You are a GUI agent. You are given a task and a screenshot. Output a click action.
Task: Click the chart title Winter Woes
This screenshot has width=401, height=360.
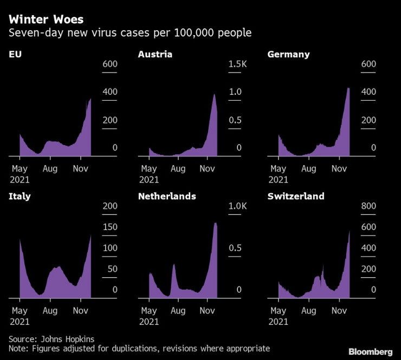coord(46,19)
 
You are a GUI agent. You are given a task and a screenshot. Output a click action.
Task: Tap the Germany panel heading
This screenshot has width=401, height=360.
coord(288,54)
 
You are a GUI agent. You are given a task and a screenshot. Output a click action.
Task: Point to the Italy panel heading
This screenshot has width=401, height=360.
coord(20,196)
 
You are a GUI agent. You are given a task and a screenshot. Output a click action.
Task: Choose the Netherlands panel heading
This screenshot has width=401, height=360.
coord(167,196)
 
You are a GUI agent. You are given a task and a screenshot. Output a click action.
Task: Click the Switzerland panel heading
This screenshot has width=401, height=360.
coord(296,196)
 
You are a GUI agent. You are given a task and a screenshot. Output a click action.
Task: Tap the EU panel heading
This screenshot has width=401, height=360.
coord(14,54)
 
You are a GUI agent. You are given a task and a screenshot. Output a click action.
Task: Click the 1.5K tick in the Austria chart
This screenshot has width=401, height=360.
coord(237,64)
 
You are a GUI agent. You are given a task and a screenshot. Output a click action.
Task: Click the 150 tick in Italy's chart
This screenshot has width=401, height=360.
coord(110,227)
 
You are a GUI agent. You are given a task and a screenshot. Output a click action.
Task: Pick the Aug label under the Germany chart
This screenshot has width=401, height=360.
coord(308,169)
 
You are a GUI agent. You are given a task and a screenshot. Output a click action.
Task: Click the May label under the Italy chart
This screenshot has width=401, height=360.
coord(20,311)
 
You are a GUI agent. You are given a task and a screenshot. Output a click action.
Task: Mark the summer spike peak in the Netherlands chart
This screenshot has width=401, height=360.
coord(174,264)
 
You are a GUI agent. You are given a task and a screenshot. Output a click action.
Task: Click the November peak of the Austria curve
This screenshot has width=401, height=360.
coord(214,95)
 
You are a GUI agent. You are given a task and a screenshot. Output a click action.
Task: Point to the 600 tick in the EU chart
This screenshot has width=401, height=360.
coord(110,64)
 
